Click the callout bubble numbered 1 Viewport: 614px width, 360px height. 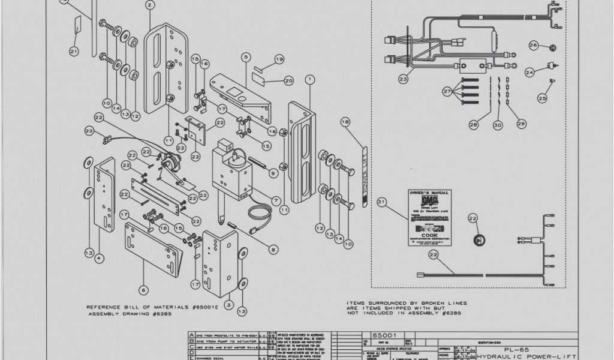309,79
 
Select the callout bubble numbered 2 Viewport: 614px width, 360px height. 149,5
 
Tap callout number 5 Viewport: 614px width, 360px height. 245,57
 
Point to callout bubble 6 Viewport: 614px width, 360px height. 143,290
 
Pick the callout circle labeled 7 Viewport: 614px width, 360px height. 276,200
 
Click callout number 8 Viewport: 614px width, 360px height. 273,250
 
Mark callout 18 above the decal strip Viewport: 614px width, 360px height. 345,122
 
